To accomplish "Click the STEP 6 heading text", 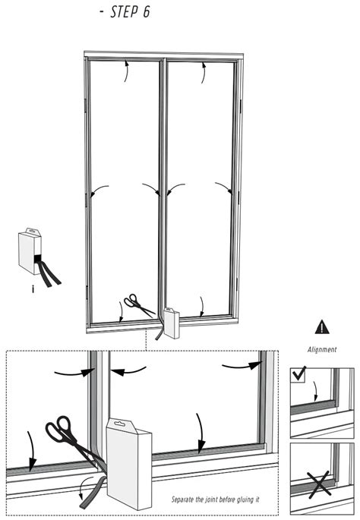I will click(130, 14).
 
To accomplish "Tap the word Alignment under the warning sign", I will click(321, 350).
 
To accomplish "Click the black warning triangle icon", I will click(322, 327).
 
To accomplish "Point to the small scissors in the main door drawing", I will click(138, 305).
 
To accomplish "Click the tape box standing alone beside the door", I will click(30, 252).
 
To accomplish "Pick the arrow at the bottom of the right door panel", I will click(202, 307).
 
